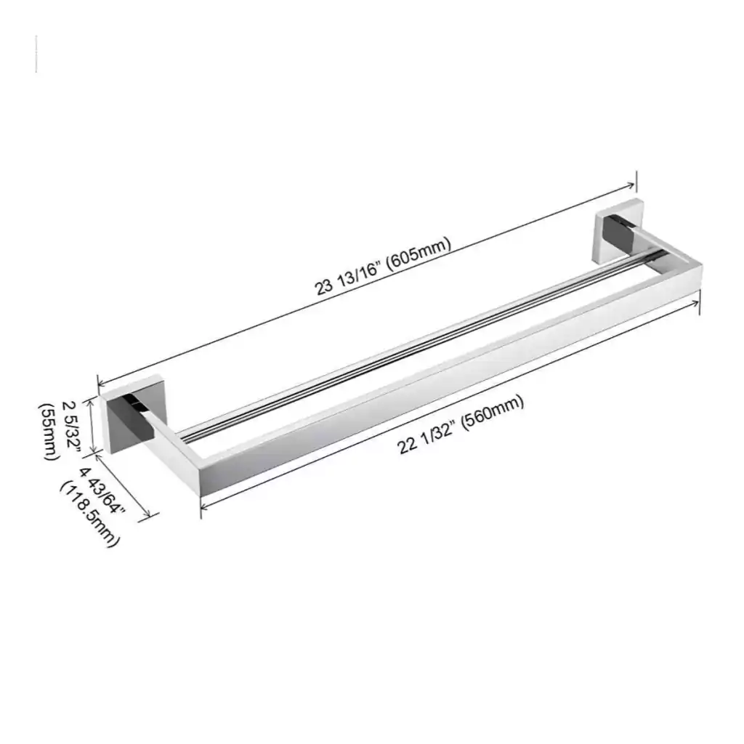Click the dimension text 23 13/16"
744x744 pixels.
click(x=348, y=280)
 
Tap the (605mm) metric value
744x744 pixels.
click(x=418, y=255)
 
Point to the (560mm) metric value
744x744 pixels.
click(x=493, y=411)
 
